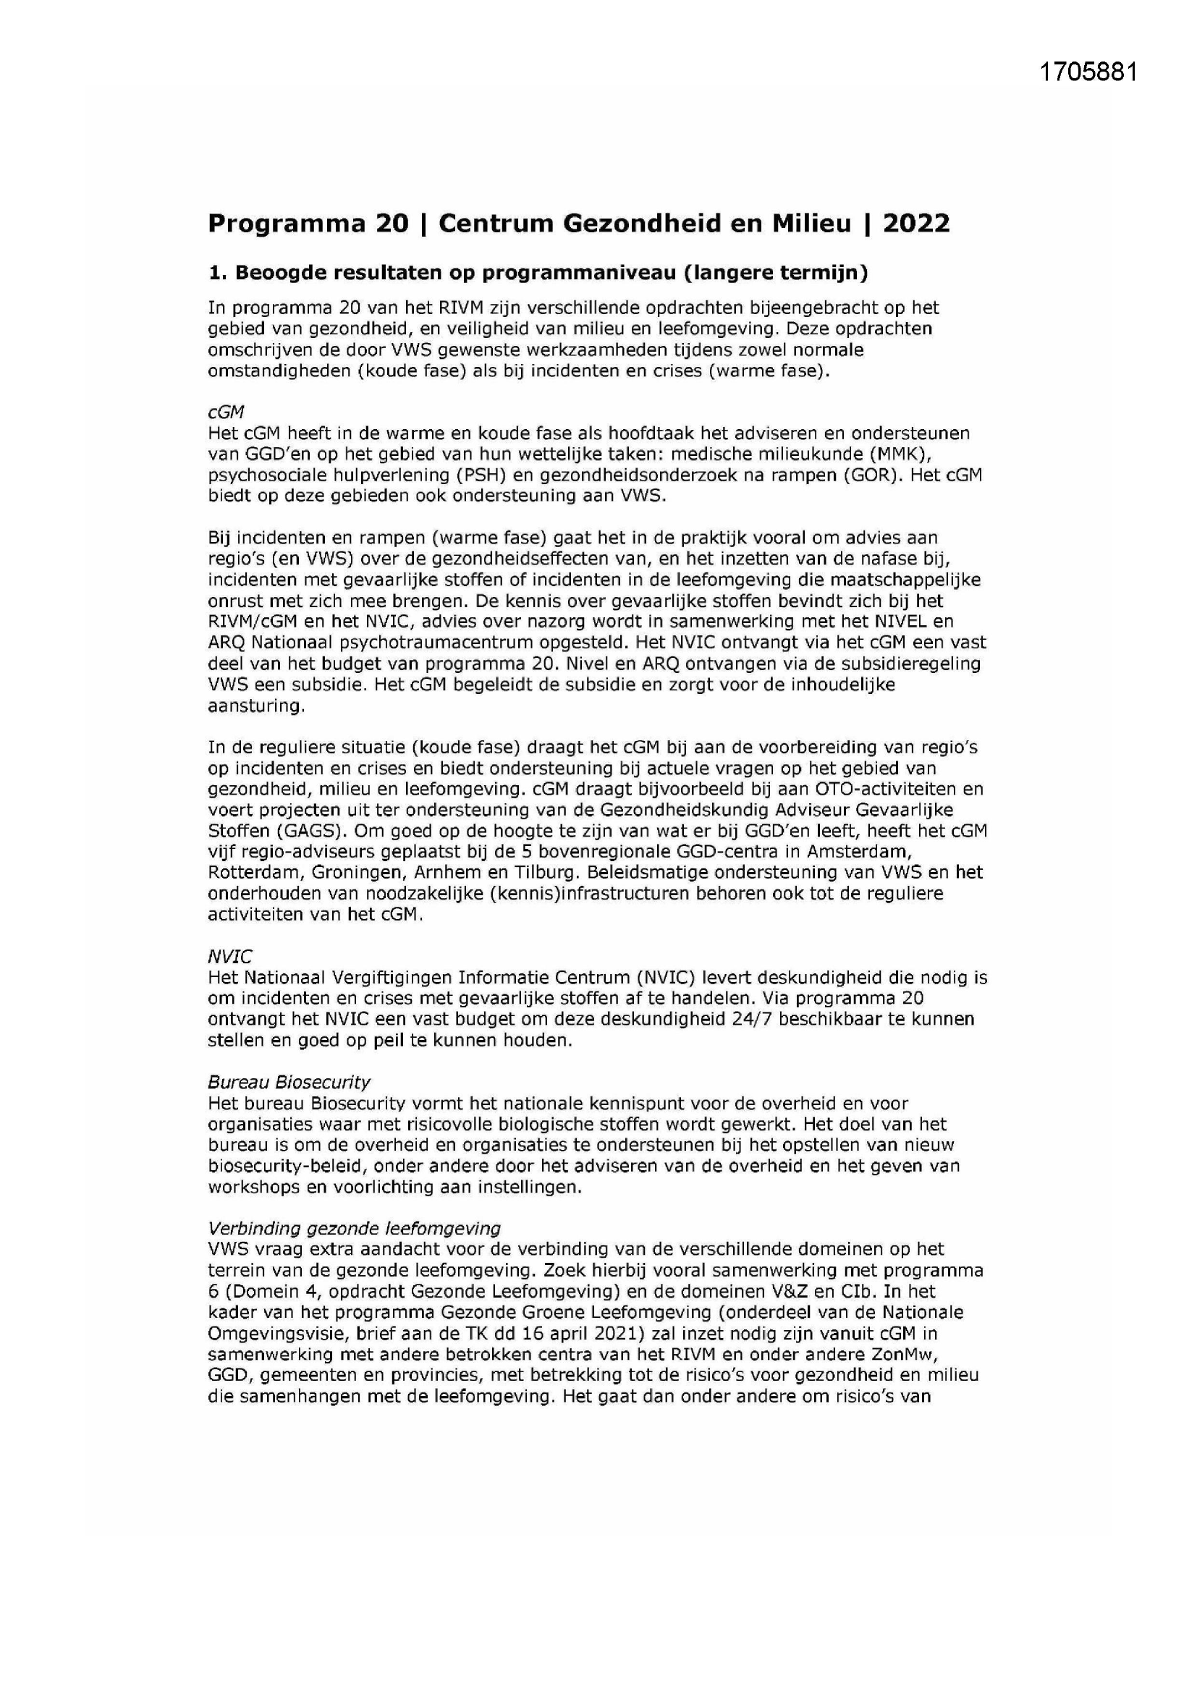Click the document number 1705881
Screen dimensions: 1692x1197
click(1088, 72)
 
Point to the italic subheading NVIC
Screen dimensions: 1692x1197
click(229, 957)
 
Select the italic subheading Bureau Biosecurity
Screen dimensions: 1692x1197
click(288, 1082)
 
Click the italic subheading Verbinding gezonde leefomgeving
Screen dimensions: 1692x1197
click(354, 1228)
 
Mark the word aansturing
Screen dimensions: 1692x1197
click(255, 706)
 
